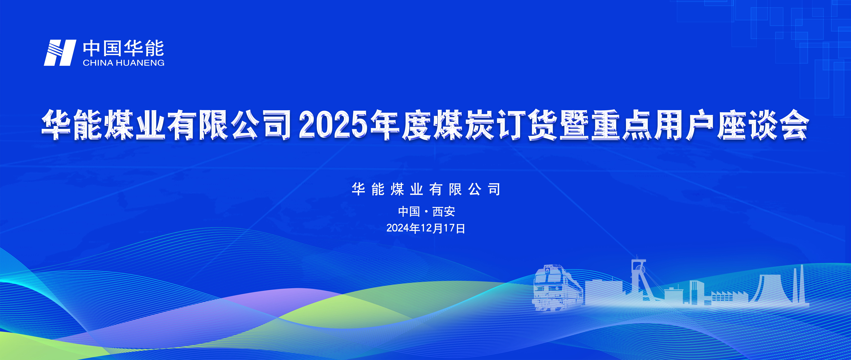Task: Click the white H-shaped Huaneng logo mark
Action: coord(60,53)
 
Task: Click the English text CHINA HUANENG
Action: coord(124,63)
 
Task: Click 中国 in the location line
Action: coord(409,211)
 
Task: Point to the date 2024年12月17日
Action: coord(426,228)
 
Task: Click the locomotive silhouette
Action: coord(558,287)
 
